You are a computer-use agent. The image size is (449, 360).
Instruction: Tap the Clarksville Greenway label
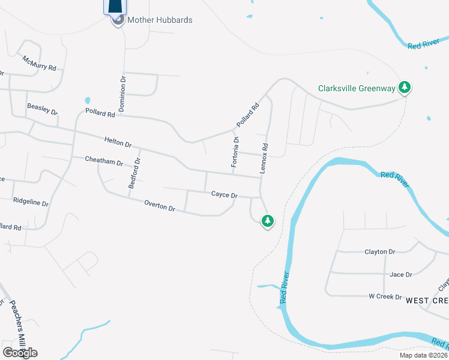(x=357, y=89)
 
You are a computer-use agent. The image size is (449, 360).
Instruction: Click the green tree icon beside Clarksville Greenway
(x=405, y=88)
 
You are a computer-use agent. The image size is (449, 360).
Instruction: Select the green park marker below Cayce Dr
(x=268, y=221)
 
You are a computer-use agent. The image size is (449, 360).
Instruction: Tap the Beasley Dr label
(x=42, y=109)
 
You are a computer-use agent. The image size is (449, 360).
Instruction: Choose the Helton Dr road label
(x=118, y=143)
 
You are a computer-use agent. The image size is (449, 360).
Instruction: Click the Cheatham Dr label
(x=104, y=162)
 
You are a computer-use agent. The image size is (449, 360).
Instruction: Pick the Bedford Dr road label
(x=134, y=174)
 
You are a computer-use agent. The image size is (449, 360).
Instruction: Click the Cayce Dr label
(x=224, y=195)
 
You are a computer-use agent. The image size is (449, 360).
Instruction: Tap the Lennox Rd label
(x=264, y=158)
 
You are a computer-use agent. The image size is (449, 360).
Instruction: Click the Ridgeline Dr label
(x=31, y=203)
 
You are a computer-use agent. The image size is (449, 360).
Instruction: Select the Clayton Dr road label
(x=380, y=253)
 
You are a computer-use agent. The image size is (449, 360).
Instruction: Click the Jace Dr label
(x=401, y=275)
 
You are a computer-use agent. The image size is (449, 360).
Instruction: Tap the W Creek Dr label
(x=385, y=296)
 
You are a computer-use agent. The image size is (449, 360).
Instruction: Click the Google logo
(x=20, y=352)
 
